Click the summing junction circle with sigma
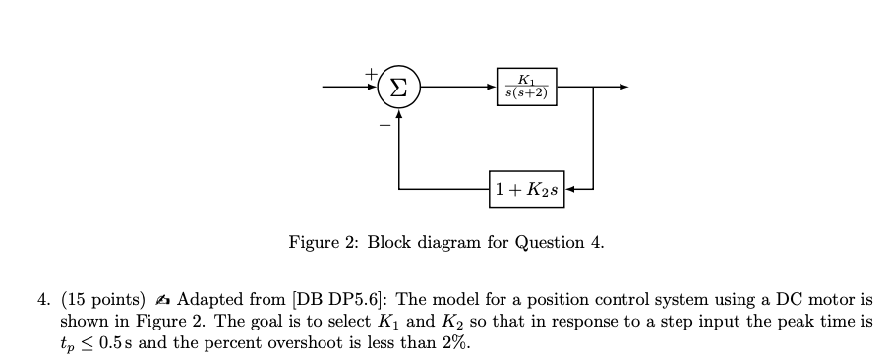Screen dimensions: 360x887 tap(398, 87)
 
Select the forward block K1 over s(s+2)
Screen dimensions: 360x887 tap(527, 87)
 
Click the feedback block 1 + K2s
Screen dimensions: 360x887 tap(526, 188)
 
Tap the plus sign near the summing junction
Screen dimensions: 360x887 tap(372, 73)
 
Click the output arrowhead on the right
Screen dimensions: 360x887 tap(621, 87)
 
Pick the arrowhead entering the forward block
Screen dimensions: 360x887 tap(494, 87)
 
